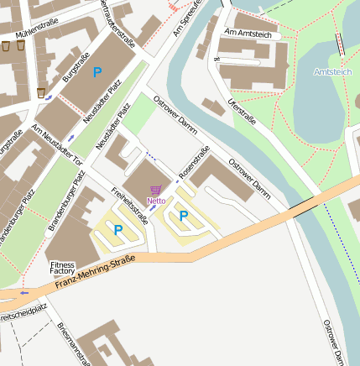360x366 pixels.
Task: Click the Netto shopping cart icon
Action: tap(155, 191)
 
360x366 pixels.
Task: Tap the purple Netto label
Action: tap(155, 201)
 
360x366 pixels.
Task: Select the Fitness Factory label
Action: tap(62, 268)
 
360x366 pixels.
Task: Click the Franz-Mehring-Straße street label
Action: tap(95, 273)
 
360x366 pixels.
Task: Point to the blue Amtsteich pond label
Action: tap(332, 72)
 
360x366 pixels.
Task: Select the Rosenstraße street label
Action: tap(193, 163)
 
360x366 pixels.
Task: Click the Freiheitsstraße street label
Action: tap(129, 207)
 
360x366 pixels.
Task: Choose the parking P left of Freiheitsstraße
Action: tap(117, 229)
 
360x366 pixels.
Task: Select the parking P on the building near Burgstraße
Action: tap(97, 73)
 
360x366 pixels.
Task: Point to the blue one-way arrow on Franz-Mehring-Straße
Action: tap(23, 292)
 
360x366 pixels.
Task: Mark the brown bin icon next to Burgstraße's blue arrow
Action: tap(41, 91)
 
